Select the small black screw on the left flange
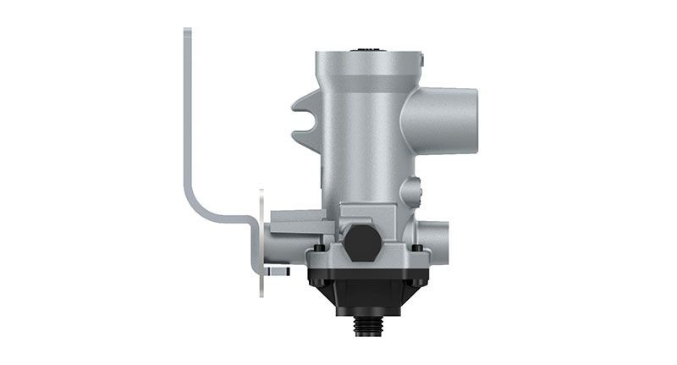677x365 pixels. coord(318,248)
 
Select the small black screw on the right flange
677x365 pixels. coord(416,248)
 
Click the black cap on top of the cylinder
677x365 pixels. coord(367,50)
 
